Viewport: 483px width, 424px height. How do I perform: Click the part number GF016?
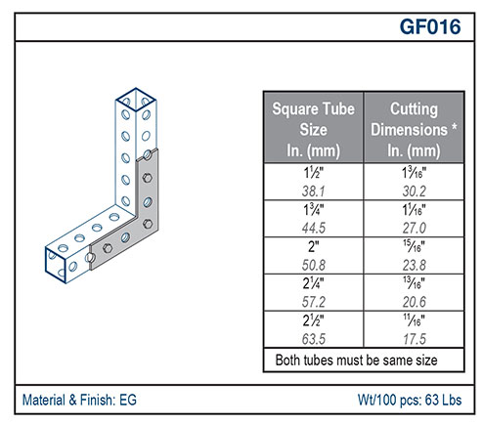click(430, 26)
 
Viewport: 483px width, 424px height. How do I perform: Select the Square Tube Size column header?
click(313, 129)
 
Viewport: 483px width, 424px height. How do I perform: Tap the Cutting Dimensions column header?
click(414, 129)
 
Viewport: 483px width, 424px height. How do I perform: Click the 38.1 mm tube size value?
click(313, 191)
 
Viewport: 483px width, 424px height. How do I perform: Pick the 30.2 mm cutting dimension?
click(414, 191)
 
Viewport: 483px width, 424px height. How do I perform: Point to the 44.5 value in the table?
click(313, 228)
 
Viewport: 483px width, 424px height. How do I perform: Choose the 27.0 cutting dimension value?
click(414, 228)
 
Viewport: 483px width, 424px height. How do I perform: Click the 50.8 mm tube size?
click(313, 265)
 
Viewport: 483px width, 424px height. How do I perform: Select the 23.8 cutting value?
click(414, 265)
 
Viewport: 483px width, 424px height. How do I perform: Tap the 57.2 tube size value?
click(313, 302)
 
